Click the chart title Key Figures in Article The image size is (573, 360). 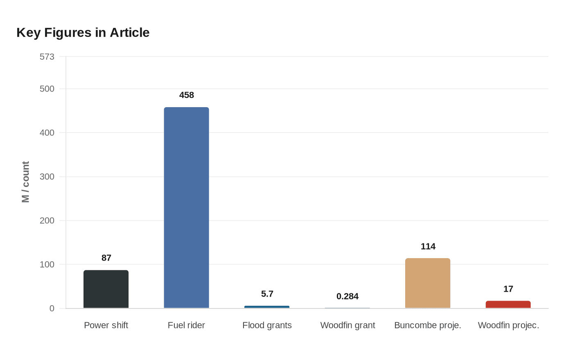83,32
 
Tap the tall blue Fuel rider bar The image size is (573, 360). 186,207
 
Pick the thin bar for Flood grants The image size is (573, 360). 267,307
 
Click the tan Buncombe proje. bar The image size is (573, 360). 428,283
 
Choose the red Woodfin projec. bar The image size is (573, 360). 508,304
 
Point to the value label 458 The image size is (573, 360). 187,95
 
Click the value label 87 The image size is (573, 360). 106,258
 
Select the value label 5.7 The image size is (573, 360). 267,294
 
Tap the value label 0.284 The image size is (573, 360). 347,296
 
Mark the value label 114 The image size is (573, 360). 428,246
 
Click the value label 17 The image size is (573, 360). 508,289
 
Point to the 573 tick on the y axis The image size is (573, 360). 47,57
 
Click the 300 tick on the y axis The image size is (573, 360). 47,177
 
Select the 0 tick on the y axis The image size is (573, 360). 52,308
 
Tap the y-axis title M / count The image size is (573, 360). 25,182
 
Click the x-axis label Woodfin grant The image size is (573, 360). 347,325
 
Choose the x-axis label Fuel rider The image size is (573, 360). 186,325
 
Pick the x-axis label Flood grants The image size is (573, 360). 267,325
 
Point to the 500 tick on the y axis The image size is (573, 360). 47,89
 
